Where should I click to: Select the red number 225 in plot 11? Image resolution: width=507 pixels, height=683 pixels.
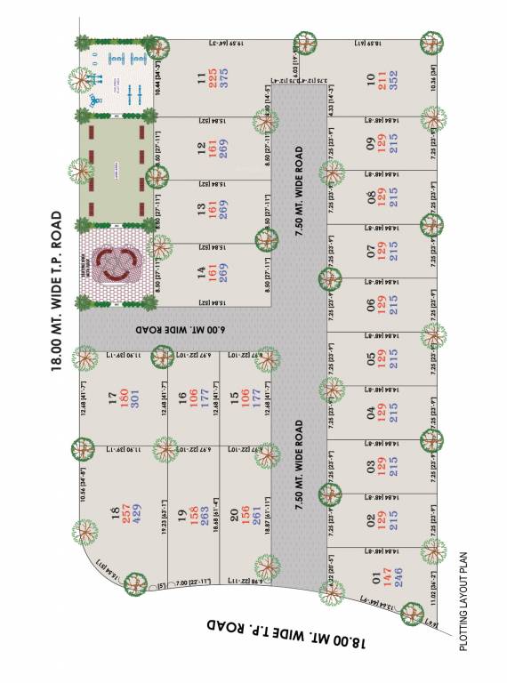pos(213,77)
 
